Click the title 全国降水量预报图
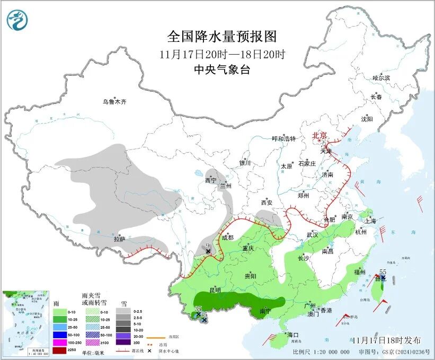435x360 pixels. click(x=222, y=37)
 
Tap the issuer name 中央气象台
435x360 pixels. click(x=221, y=69)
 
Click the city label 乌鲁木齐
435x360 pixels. click(x=115, y=102)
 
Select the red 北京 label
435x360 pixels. click(x=320, y=136)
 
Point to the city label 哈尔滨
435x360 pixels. click(x=381, y=78)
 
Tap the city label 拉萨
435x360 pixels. click(x=120, y=239)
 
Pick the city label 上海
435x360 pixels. click(x=370, y=221)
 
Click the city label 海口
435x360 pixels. click(x=294, y=335)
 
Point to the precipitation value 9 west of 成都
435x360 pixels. click(x=208, y=245)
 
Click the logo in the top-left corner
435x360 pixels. click(x=17, y=20)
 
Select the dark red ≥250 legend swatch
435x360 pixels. click(x=60, y=350)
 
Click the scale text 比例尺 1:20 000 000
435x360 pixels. click(x=321, y=352)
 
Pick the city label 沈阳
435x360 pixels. click(x=367, y=119)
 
